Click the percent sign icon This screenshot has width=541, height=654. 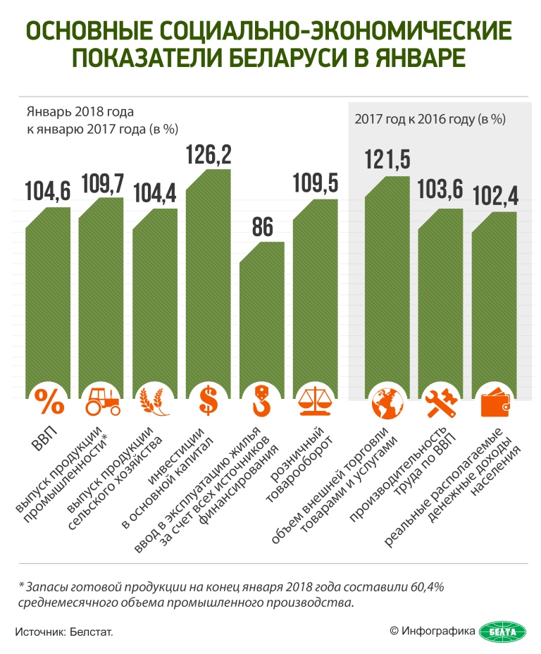(48, 402)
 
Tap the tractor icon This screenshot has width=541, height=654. (101, 402)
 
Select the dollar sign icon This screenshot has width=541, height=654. (209, 402)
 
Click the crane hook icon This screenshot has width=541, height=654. (261, 402)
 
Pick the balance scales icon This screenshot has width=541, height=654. (315, 402)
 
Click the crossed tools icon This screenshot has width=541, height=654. (441, 402)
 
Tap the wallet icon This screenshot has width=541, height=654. (495, 402)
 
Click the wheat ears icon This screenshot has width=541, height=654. (155, 402)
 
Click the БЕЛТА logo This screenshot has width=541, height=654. (502, 631)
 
